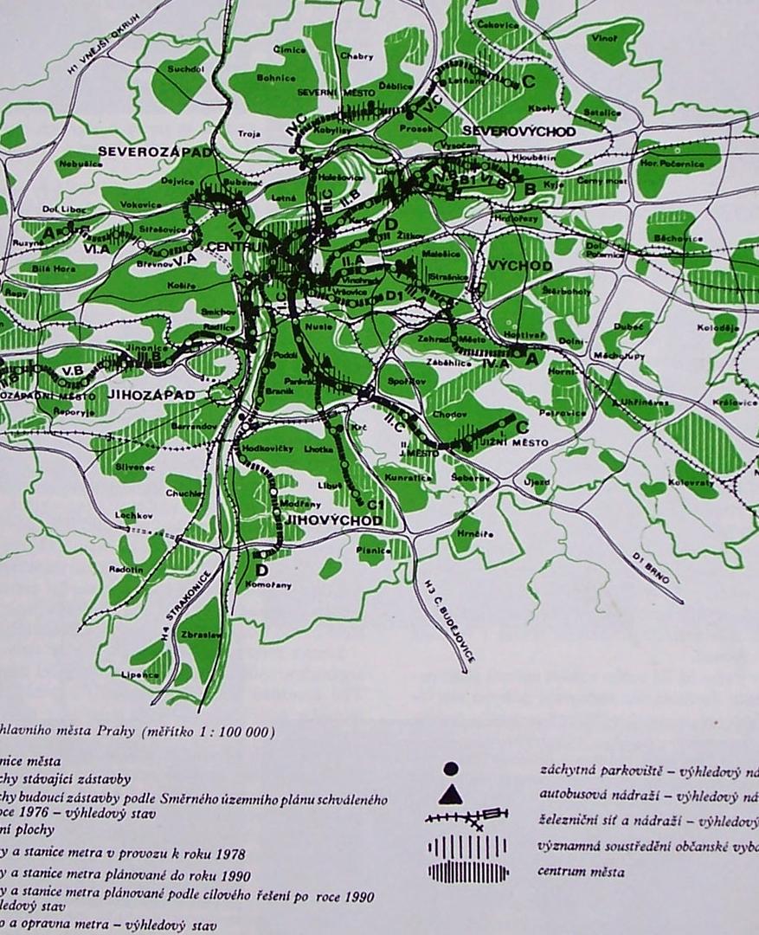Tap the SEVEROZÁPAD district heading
[x=155, y=151]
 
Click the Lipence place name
[x=139, y=674]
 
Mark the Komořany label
[x=273, y=585]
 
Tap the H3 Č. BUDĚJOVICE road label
[x=448, y=620]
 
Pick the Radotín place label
[x=126, y=569]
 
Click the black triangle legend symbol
[x=451, y=794]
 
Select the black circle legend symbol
[x=450, y=769]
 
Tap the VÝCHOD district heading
[x=520, y=265]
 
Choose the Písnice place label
[x=374, y=550]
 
